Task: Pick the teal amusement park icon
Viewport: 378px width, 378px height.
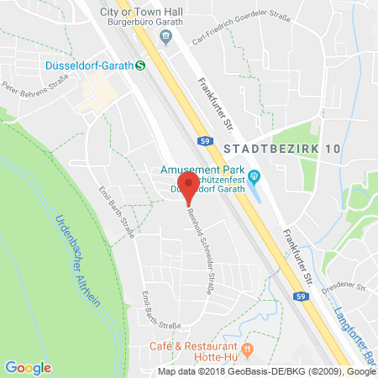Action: (x=255, y=176)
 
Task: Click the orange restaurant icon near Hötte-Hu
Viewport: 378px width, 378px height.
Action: (x=246, y=348)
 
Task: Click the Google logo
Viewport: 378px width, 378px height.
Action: (x=28, y=366)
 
